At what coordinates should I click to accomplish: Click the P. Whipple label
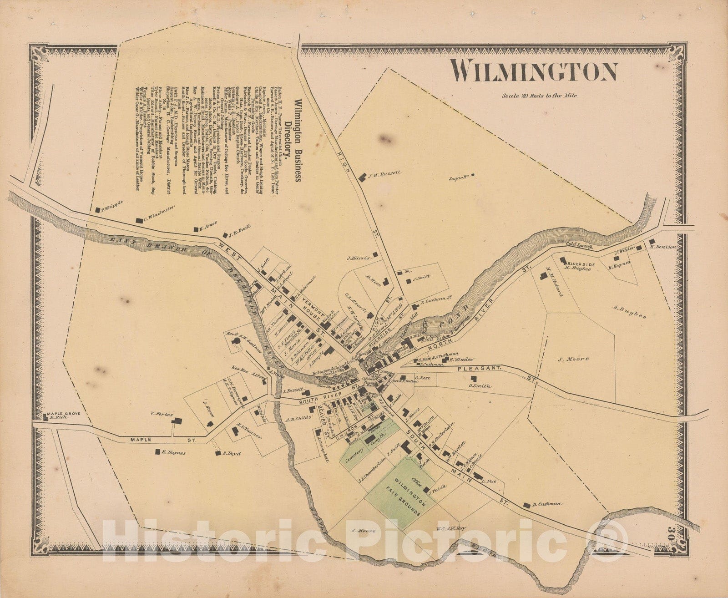110,210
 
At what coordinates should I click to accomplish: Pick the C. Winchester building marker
139,220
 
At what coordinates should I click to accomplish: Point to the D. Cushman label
547,504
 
